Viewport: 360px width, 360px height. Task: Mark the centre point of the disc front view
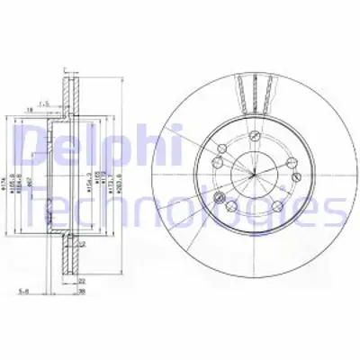(255, 172)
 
